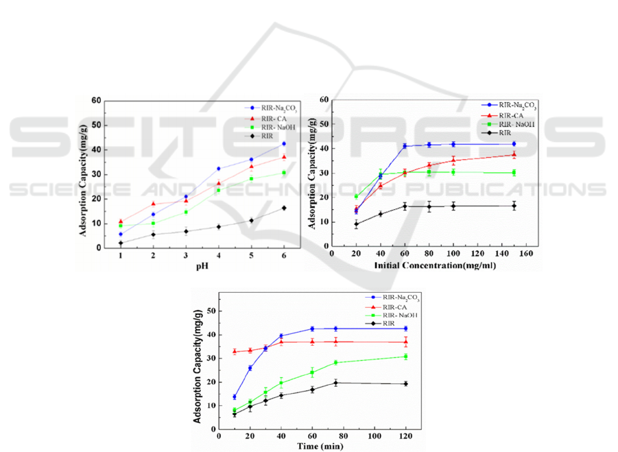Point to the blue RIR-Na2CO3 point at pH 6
(284, 143)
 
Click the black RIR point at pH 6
(284, 208)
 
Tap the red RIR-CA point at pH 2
(153, 204)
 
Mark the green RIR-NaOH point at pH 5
(251, 179)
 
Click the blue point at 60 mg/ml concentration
(405, 146)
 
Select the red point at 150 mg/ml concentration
(514, 155)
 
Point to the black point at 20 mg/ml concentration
(356, 224)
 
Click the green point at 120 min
(405, 357)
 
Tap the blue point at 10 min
(235, 397)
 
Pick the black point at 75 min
(335, 383)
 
